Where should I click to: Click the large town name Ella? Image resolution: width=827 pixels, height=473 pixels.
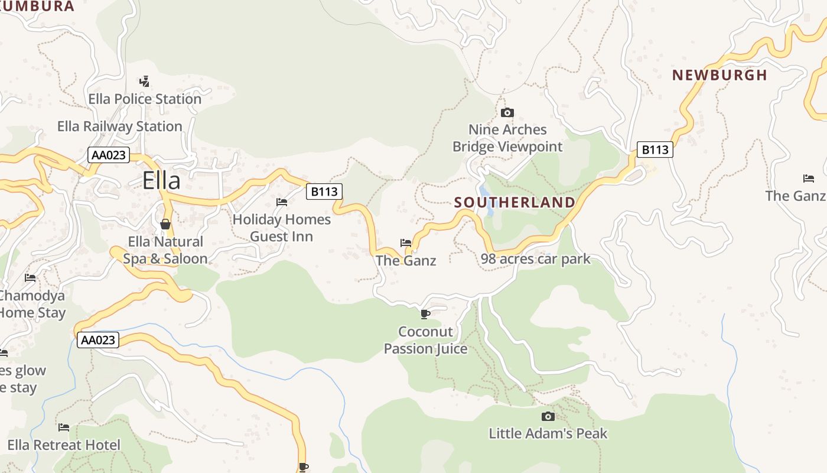click(x=161, y=180)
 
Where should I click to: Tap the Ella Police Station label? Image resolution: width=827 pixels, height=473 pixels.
click(x=145, y=99)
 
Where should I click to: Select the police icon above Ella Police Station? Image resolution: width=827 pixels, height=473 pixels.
click(x=144, y=81)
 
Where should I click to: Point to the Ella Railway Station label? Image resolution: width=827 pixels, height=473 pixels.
click(x=119, y=126)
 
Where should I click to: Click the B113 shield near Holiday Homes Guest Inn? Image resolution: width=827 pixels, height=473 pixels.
click(x=324, y=191)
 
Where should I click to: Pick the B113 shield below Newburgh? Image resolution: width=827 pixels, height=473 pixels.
click(x=655, y=150)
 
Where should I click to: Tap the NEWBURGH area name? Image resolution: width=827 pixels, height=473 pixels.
click(x=719, y=75)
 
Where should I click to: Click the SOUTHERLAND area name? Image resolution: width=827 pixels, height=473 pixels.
click(x=515, y=202)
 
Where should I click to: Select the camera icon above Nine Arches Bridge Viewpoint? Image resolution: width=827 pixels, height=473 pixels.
click(x=507, y=112)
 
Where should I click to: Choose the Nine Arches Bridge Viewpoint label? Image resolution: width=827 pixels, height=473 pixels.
click(x=507, y=138)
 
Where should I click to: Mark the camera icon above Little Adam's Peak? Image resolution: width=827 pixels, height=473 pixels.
click(x=548, y=416)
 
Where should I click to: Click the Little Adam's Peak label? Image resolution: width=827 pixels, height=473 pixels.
click(x=548, y=433)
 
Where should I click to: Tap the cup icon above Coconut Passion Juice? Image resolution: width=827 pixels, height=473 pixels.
click(x=425, y=314)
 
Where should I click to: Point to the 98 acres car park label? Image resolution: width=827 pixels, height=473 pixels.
click(x=535, y=259)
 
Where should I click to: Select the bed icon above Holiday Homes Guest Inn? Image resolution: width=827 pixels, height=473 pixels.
click(x=282, y=202)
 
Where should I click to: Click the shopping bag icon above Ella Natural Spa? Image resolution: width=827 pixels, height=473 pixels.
click(x=165, y=224)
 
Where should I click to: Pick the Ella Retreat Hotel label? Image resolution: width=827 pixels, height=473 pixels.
click(x=64, y=445)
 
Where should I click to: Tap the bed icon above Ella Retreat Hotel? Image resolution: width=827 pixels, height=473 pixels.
click(x=64, y=427)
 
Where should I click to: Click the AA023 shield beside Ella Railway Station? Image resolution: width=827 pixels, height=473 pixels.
click(x=109, y=155)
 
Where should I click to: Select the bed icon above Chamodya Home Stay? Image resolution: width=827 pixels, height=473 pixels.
click(x=30, y=277)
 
